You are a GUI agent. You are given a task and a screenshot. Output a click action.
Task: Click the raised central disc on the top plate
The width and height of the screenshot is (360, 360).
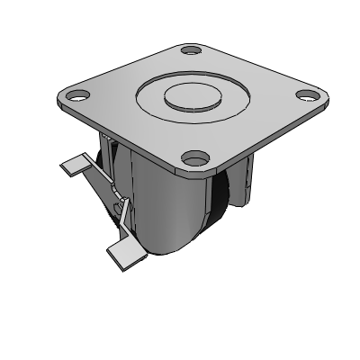[188, 95]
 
